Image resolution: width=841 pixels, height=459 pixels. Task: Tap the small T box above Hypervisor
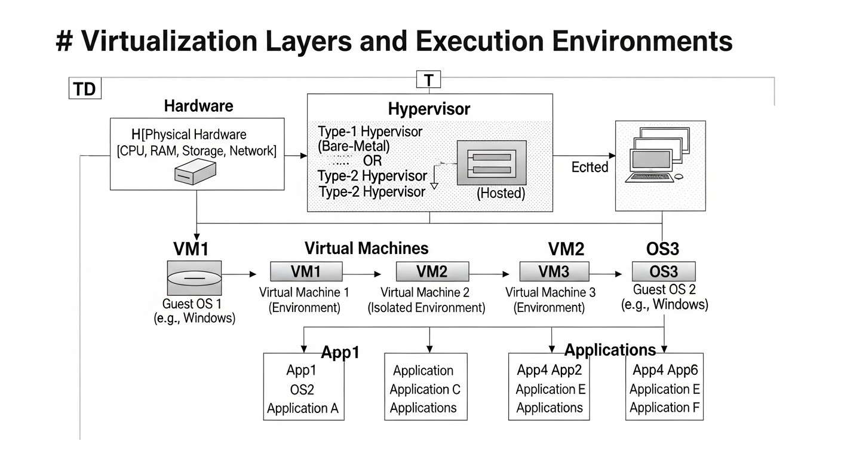click(428, 80)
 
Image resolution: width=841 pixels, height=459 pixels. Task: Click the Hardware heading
click(198, 106)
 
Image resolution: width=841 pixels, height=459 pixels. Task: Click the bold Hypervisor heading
click(429, 109)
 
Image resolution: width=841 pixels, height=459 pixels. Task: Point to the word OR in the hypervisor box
click(372, 161)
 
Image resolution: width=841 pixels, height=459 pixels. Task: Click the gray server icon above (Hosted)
click(492, 163)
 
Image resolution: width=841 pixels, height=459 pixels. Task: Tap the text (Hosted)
click(501, 194)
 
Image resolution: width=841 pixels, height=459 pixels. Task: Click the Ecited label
click(590, 167)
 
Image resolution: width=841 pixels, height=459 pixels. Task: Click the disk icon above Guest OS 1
click(194, 277)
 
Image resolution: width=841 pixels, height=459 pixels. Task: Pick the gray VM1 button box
click(306, 271)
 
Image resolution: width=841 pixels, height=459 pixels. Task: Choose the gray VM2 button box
click(432, 271)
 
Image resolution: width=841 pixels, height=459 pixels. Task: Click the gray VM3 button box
click(554, 271)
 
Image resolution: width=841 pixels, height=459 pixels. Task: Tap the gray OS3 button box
click(664, 272)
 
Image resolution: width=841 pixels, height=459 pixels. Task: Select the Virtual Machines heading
click(366, 249)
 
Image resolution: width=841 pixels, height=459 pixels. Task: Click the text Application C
click(425, 390)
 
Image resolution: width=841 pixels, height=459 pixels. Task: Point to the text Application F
click(664, 408)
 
